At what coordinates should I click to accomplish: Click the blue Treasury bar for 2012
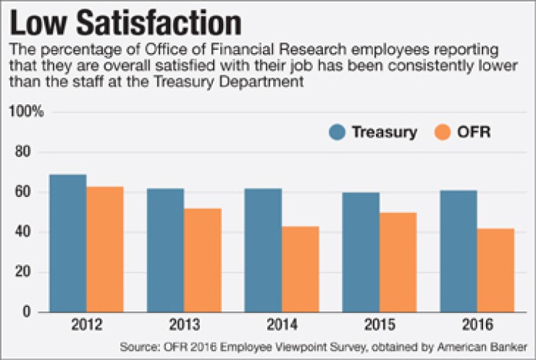[x=67, y=243]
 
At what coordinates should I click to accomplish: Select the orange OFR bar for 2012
[x=104, y=249]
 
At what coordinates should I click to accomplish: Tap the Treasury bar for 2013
[x=165, y=251]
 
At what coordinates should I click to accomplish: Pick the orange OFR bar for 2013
[x=202, y=260]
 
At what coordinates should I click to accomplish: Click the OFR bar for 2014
[x=300, y=269]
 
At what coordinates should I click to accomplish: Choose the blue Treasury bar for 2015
[x=361, y=252]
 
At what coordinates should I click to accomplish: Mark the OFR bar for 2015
[x=398, y=262]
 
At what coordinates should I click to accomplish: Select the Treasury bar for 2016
[x=458, y=251]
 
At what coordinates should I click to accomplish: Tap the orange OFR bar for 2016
[x=495, y=270]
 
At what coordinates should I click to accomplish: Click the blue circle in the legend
[x=338, y=132]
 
